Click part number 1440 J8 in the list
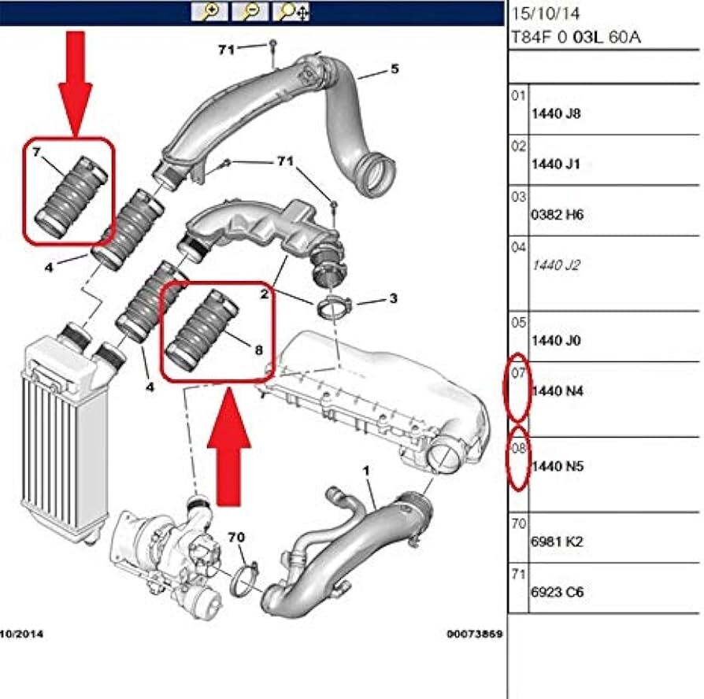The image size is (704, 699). click(556, 113)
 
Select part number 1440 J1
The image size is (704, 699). click(556, 164)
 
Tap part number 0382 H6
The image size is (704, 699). click(558, 214)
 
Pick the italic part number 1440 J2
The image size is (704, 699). click(556, 265)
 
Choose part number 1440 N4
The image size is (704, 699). click(558, 390)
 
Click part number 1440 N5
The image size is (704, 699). click(558, 466)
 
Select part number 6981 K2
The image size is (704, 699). click(558, 542)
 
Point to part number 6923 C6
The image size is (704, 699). click(558, 592)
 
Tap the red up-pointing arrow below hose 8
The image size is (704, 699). click(229, 445)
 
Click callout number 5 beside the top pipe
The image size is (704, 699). click(394, 69)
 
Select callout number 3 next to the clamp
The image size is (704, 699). click(393, 299)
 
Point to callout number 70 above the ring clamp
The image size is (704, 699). click(236, 538)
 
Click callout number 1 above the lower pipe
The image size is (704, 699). click(365, 470)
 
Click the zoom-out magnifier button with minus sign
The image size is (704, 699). click(250, 11)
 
